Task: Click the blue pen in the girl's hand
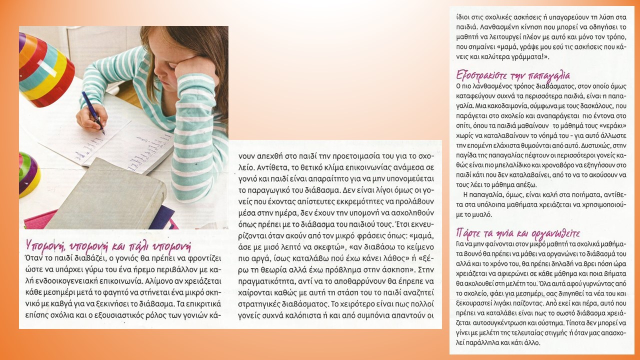click(x=92, y=112)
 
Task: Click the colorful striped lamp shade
click(x=42, y=70)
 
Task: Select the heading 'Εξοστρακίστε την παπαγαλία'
click(x=513, y=76)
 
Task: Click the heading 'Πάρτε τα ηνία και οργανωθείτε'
click(x=517, y=233)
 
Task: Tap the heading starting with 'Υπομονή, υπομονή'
click(x=108, y=246)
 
